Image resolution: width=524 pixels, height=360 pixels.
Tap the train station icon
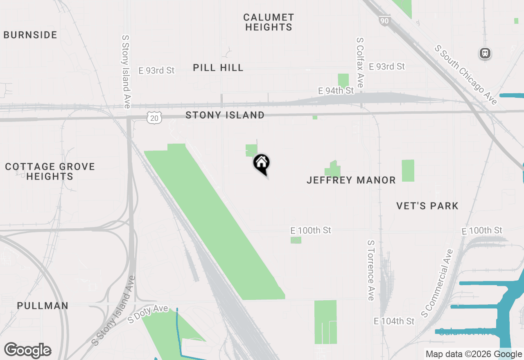(485, 53)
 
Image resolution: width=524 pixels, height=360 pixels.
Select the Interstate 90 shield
(384, 21)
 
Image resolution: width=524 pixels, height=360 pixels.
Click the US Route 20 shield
(154, 118)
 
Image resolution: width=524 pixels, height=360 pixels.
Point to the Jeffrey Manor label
(351, 180)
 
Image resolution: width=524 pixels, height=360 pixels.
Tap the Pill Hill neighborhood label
(218, 67)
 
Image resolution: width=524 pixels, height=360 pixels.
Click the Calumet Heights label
(269, 22)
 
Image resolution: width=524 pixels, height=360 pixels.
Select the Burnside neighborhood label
(30, 35)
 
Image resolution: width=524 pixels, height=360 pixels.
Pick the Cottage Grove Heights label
(50, 171)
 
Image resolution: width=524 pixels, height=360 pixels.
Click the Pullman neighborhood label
(43, 306)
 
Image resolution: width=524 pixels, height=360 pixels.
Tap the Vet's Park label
(427, 206)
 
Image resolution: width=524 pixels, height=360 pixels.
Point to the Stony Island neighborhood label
(225, 115)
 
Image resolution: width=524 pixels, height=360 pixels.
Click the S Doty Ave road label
(148, 314)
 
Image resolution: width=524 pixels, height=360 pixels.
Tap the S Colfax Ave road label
(360, 63)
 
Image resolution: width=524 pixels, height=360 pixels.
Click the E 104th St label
(394, 321)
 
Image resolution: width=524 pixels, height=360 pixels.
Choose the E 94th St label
(336, 90)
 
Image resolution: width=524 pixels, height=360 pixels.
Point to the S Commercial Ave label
(438, 283)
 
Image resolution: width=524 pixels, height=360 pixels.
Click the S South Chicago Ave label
(466, 75)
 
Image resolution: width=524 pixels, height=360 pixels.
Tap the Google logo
(28, 351)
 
